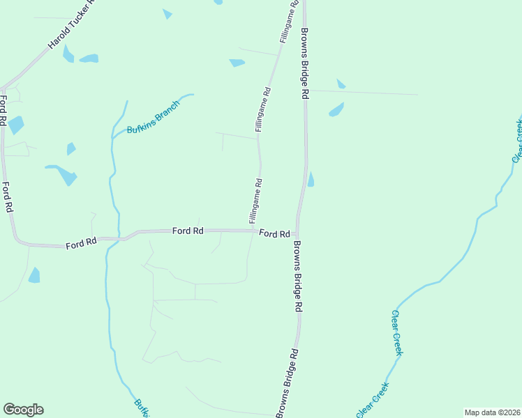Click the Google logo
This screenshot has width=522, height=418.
point(23,410)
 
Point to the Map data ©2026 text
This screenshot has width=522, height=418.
point(492,412)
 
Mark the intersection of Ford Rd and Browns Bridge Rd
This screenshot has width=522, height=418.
point(297,234)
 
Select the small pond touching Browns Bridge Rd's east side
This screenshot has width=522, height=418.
point(311,180)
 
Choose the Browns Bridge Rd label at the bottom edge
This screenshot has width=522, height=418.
point(287,382)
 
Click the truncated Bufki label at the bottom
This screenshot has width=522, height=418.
point(142,408)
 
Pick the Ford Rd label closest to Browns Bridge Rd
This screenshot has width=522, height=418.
point(274,234)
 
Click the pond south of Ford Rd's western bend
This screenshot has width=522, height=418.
point(34,275)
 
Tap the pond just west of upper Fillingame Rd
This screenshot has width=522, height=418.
point(237,63)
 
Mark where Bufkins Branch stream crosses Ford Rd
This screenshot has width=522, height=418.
point(108,241)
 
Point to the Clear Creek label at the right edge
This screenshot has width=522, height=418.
point(518,141)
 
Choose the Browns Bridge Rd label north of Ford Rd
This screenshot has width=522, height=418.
point(305,63)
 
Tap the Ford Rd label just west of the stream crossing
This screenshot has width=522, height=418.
point(81,244)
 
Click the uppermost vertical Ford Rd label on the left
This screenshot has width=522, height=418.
point(3,110)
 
